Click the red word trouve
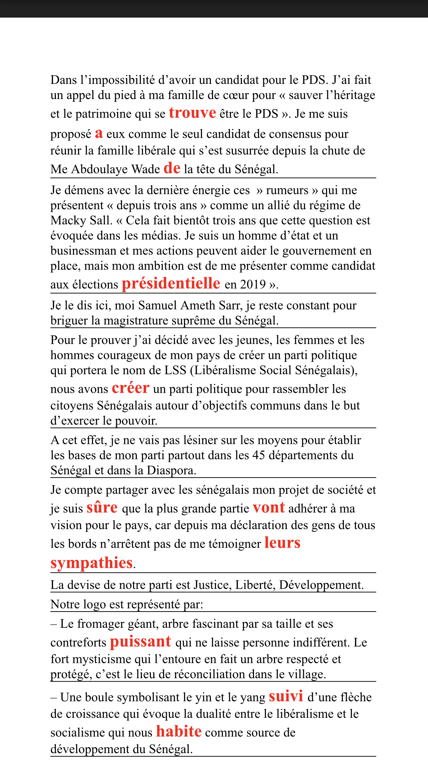pyautogui.click(x=192, y=113)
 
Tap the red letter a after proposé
pyautogui.click(x=99, y=133)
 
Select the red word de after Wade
pyautogui.click(x=172, y=168)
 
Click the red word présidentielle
pyautogui.click(x=171, y=283)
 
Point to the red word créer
pyautogui.click(x=131, y=388)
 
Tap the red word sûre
pyautogui.click(x=102, y=508)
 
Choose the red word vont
pyautogui.click(x=268, y=508)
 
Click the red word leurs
pyautogui.click(x=282, y=543)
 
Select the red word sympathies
pyautogui.click(x=92, y=563)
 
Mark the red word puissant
pyautogui.click(x=140, y=642)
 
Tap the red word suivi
pyautogui.click(x=286, y=696)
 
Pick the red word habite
pyautogui.click(x=179, y=732)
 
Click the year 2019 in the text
pyautogui.click(x=253, y=284)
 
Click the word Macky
pyautogui.click(x=65, y=221)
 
